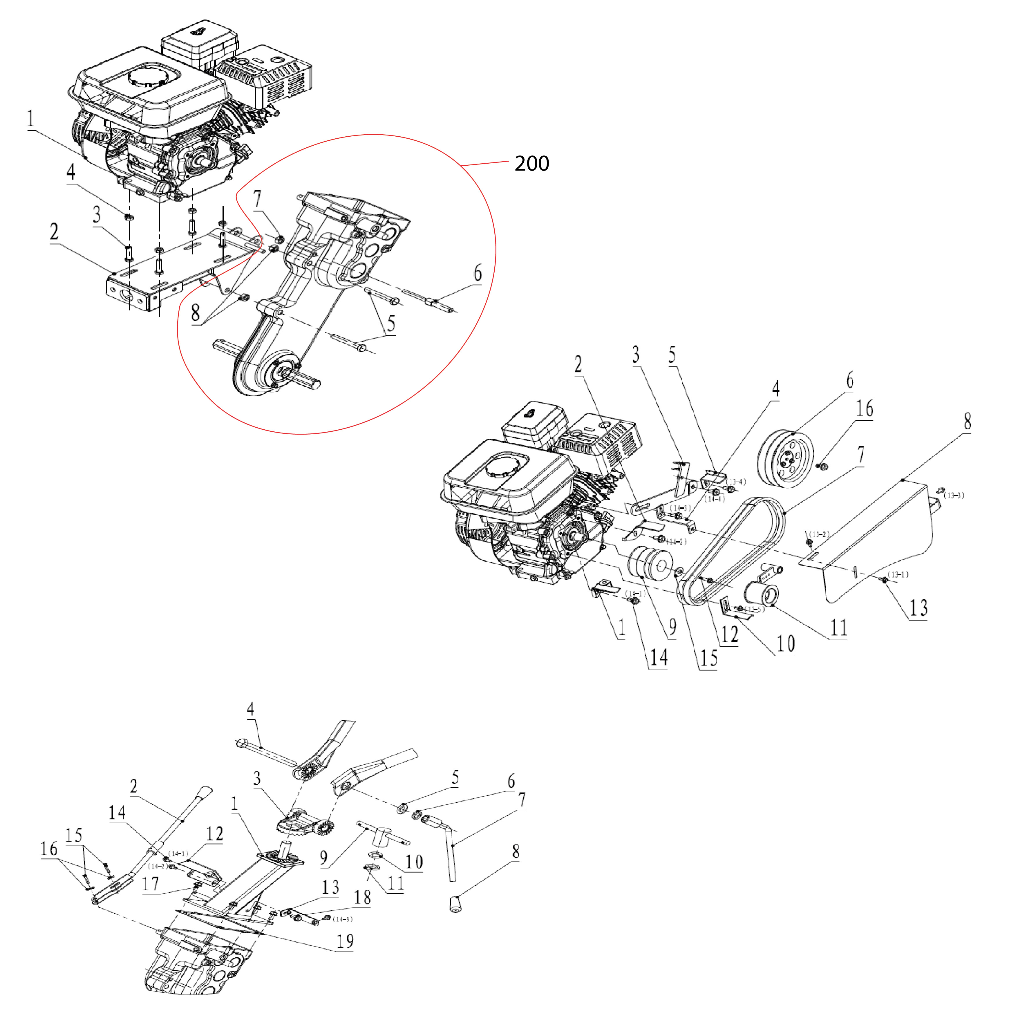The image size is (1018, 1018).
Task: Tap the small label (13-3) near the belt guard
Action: [x=954, y=495]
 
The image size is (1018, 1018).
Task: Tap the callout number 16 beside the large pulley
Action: [x=864, y=408]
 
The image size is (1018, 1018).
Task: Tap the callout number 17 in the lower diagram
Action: [x=150, y=884]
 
